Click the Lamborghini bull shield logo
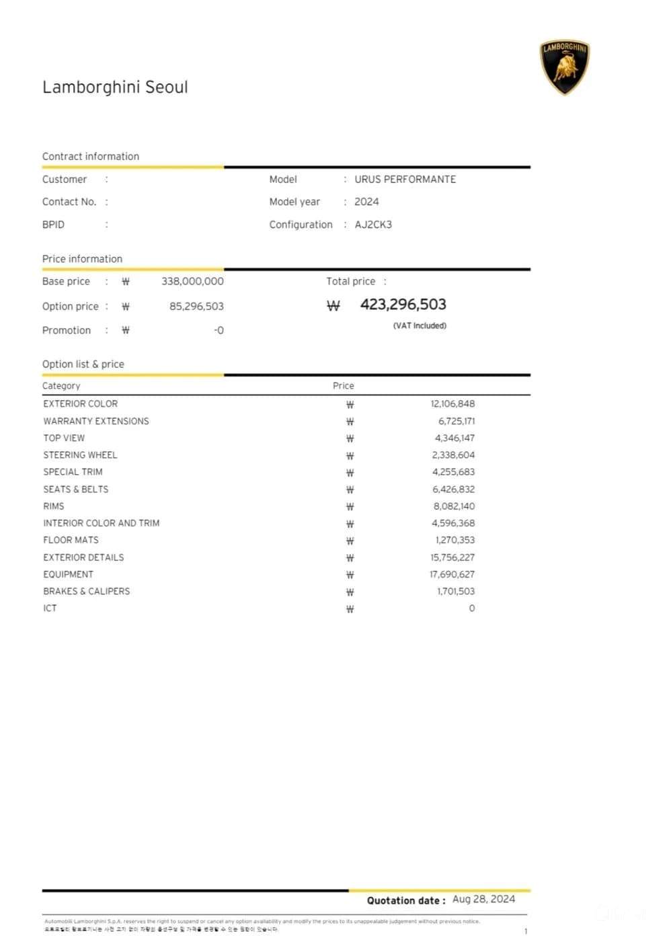pyautogui.click(x=564, y=67)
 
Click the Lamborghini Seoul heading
pyautogui.click(x=115, y=87)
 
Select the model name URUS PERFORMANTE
pyautogui.click(x=405, y=180)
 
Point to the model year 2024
pyautogui.click(x=366, y=202)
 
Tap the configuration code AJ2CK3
pyautogui.click(x=373, y=225)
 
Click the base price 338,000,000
pyautogui.click(x=192, y=282)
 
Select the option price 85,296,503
pyautogui.click(x=196, y=307)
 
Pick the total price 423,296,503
pyautogui.click(x=403, y=305)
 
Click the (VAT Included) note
pyautogui.click(x=420, y=326)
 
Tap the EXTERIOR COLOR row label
pyautogui.click(x=81, y=404)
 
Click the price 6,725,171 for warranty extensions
pyautogui.click(x=457, y=422)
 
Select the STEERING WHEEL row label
pyautogui.click(x=80, y=455)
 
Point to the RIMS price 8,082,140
pyautogui.click(x=454, y=506)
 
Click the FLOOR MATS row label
pyautogui.click(x=71, y=540)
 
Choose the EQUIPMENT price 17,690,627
pyautogui.click(x=452, y=574)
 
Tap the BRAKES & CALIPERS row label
pyautogui.click(x=87, y=592)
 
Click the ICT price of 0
pyautogui.click(x=471, y=609)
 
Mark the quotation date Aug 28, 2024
pyautogui.click(x=483, y=900)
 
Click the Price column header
pyautogui.click(x=343, y=386)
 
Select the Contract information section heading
pyautogui.click(x=91, y=157)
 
